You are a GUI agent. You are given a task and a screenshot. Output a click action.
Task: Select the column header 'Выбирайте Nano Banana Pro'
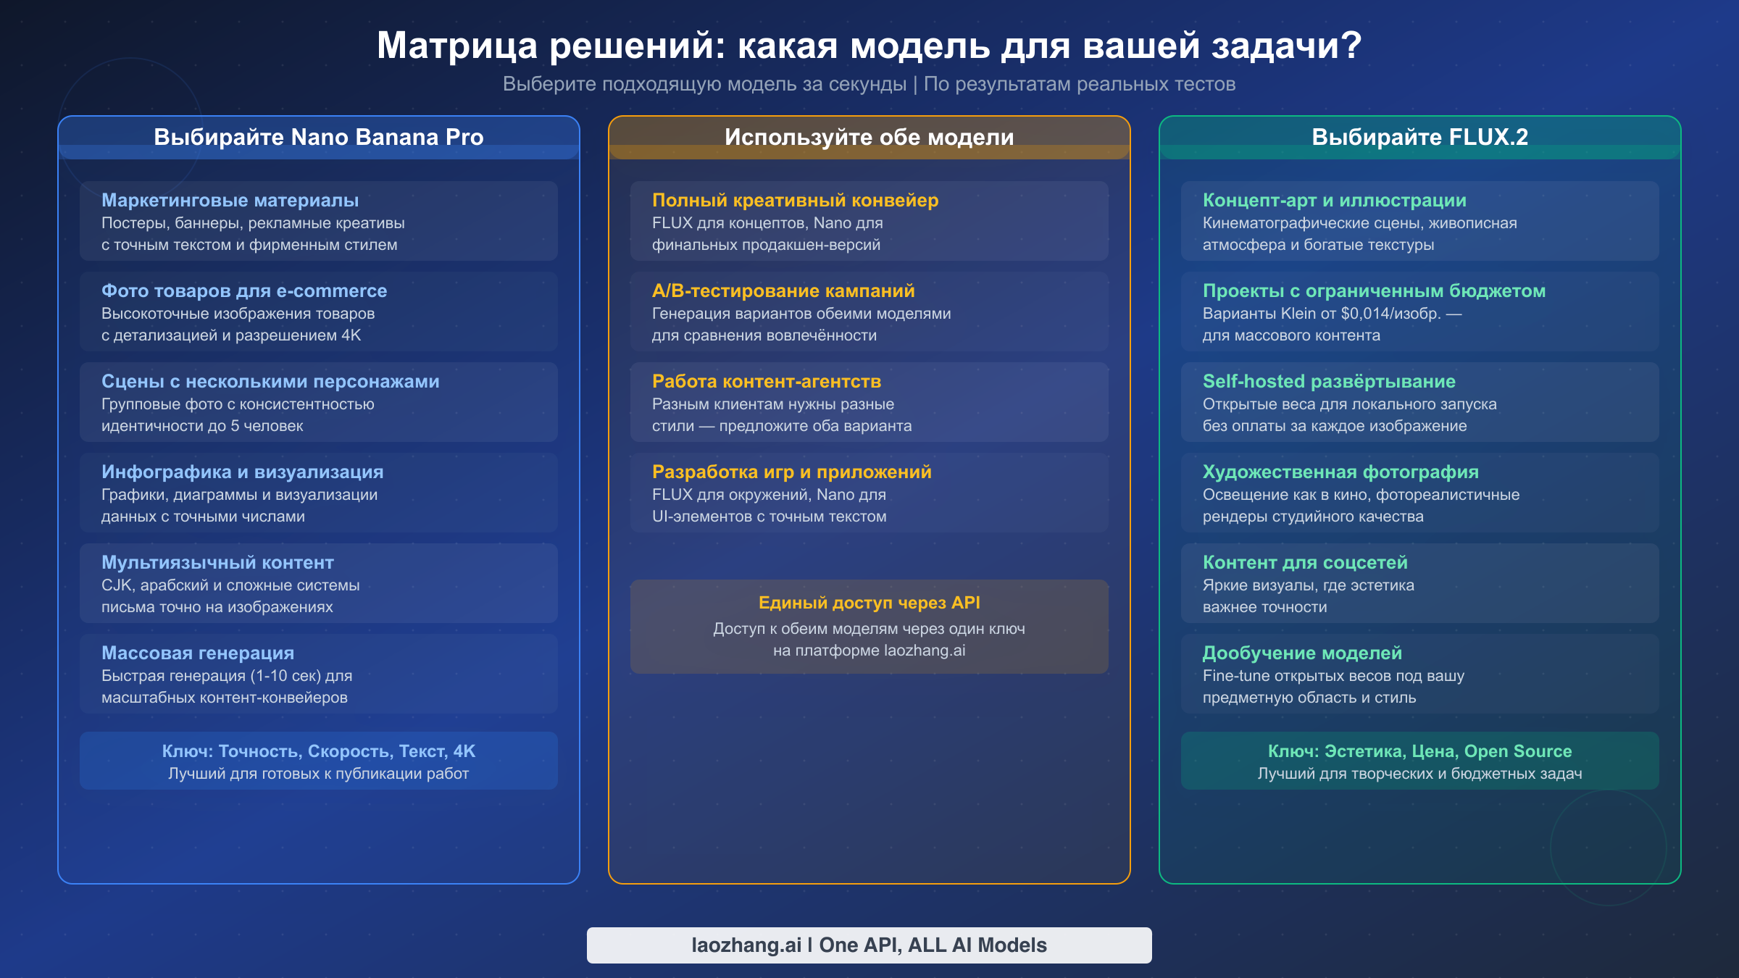point(318,137)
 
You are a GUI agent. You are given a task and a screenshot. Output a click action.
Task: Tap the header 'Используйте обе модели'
point(869,137)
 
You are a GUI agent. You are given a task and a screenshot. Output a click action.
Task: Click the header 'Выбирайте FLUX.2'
point(1419,137)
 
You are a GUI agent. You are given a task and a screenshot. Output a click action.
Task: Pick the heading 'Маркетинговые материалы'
point(230,200)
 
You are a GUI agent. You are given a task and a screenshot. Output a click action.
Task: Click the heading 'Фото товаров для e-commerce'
point(244,291)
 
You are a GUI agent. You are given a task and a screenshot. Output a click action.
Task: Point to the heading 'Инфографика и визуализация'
point(242,472)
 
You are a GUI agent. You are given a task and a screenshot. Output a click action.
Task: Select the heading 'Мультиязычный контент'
point(217,562)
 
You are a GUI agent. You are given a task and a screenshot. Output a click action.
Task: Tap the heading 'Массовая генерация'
point(198,653)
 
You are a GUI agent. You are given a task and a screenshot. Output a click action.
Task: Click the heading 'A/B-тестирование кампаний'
point(783,291)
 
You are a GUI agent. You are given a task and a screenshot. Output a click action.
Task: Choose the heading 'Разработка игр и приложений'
point(791,472)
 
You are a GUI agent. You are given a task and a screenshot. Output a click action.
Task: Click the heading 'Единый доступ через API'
point(869,603)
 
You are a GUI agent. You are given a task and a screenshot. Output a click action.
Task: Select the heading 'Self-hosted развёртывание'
point(1329,381)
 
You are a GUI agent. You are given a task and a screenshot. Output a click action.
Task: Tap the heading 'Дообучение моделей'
point(1302,653)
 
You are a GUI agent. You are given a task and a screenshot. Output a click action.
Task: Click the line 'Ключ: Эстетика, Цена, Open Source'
point(1419,751)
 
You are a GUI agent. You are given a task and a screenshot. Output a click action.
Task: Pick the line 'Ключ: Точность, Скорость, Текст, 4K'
point(318,751)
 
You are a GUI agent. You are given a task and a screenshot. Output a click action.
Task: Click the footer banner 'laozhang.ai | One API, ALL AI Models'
point(869,945)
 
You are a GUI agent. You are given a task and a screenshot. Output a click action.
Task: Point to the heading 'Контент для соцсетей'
point(1305,562)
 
